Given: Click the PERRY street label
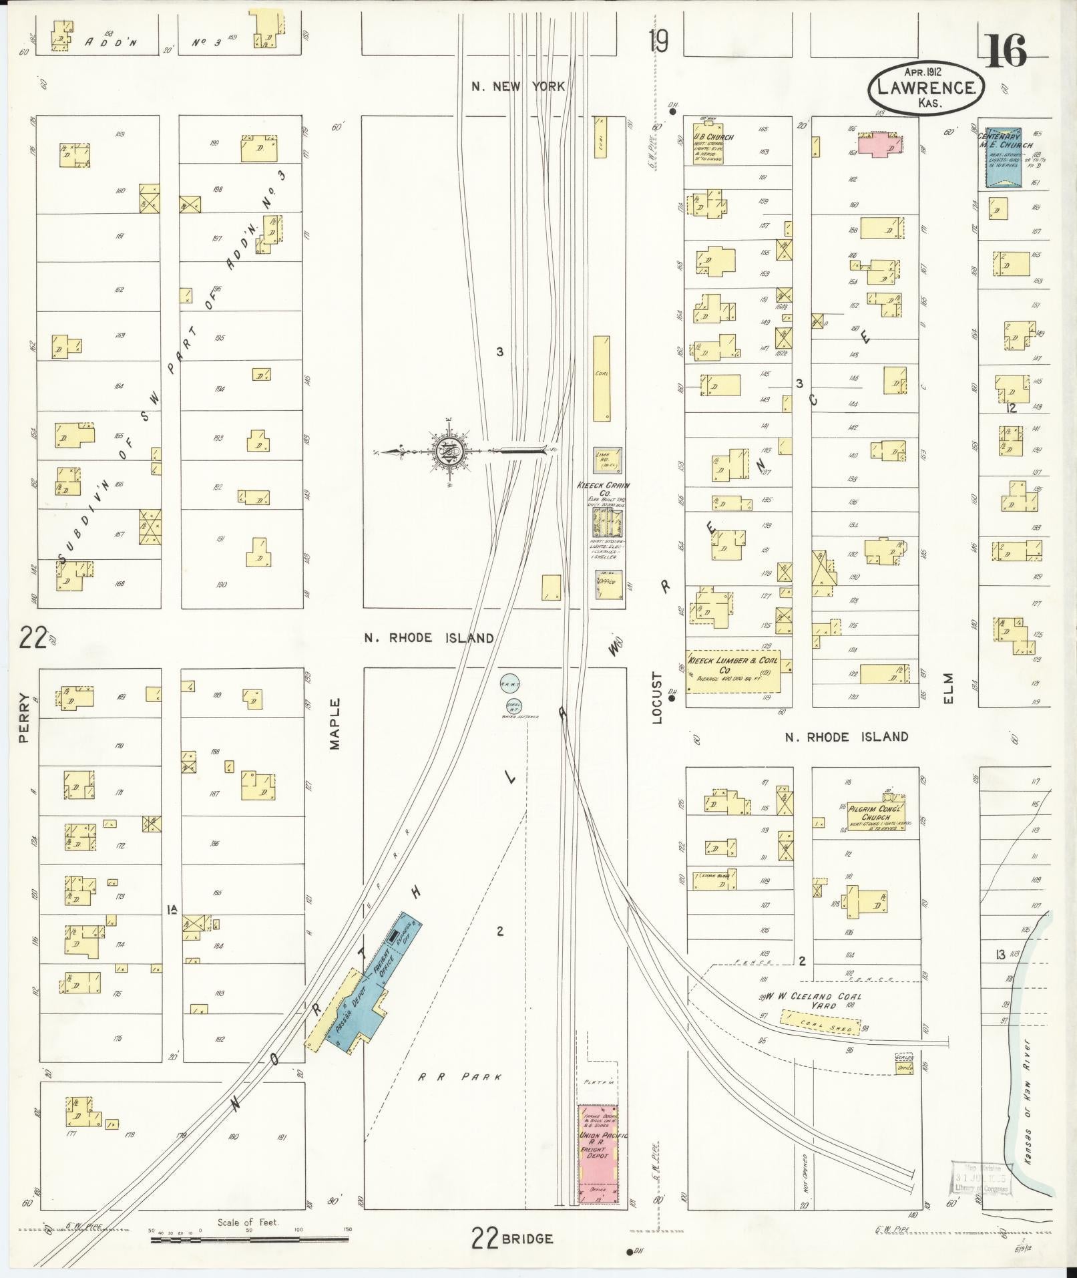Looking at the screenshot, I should tap(25, 719).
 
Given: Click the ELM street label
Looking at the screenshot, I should tap(949, 689).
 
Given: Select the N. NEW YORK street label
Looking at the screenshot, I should tap(518, 86).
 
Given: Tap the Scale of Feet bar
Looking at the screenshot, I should tap(248, 1240).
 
